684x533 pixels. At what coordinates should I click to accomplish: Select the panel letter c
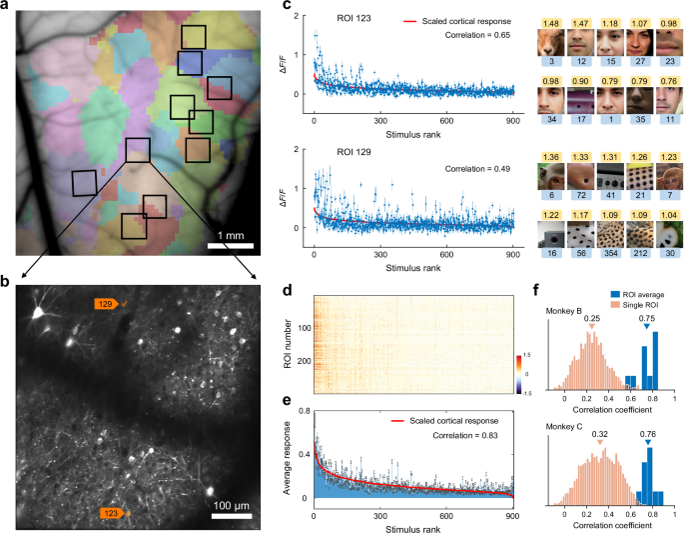288,6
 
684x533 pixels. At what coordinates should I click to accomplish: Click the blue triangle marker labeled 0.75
646,327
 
